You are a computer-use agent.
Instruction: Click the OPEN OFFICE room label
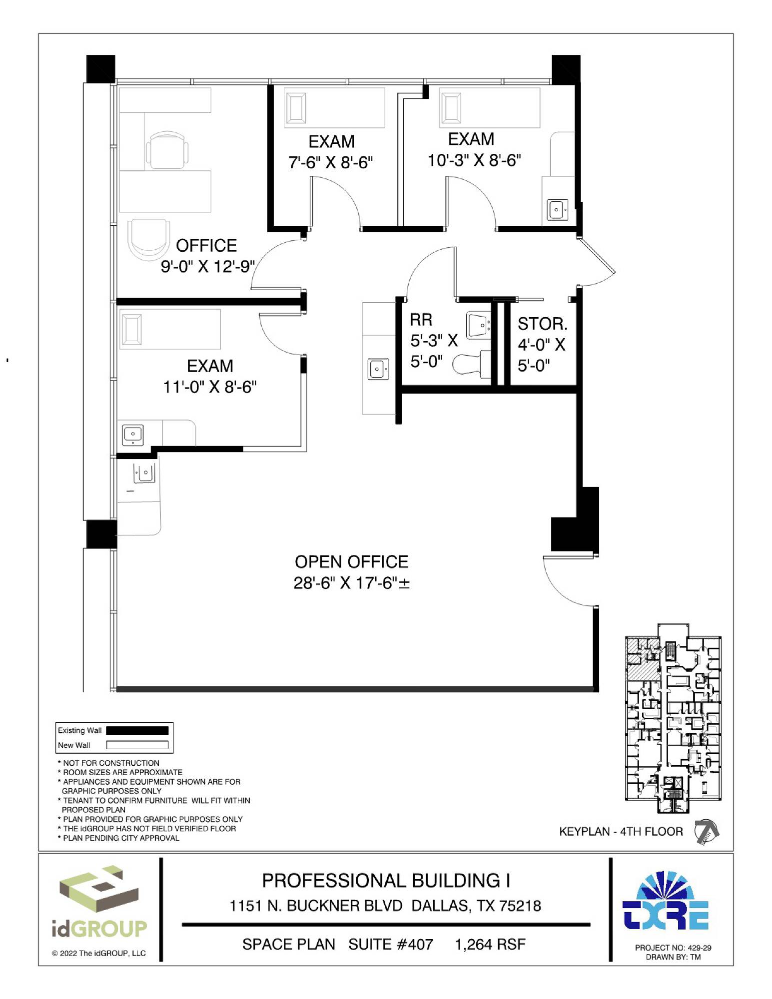[x=351, y=562]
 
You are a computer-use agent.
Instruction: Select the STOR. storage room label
[x=543, y=324]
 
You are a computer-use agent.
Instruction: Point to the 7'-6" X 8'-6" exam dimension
[x=330, y=162]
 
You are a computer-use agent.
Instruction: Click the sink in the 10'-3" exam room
[x=557, y=210]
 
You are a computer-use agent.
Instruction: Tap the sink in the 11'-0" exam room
[x=133, y=435]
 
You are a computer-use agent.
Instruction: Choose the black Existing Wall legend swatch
[x=137, y=730]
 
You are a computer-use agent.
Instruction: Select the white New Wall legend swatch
[x=137, y=745]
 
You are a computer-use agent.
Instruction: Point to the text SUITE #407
[x=391, y=945]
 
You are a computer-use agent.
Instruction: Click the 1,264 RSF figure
[x=490, y=945]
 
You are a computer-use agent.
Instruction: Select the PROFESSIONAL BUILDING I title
[x=386, y=881]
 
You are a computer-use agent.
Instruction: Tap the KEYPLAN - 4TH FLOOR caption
[x=621, y=832]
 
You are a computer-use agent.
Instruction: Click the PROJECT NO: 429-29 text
[x=673, y=948]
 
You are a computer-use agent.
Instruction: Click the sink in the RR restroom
[x=478, y=325]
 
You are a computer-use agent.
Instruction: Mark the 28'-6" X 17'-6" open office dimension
[x=351, y=583]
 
